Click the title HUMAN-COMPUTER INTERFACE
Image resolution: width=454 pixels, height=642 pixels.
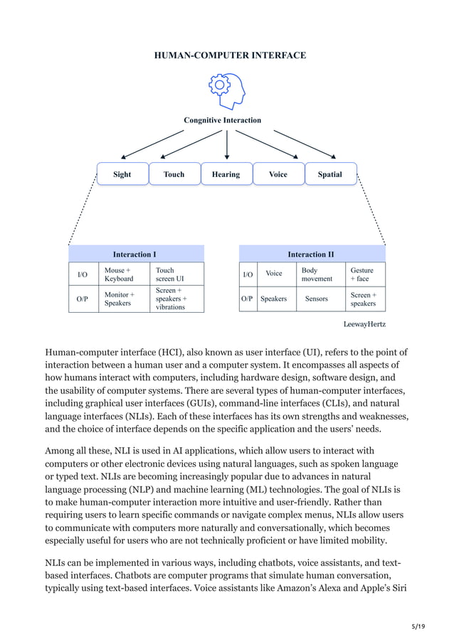click(x=230, y=55)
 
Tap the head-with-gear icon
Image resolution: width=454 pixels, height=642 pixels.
click(x=226, y=90)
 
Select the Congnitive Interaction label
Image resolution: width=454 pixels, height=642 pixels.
click(x=222, y=120)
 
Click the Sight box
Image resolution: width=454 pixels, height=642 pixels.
click(x=122, y=174)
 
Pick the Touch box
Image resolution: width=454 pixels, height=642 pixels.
click(x=174, y=174)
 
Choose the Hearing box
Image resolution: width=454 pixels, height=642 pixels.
click(x=226, y=174)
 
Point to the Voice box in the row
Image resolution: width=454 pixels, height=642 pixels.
click(x=278, y=174)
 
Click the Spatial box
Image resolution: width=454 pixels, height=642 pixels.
click(x=330, y=174)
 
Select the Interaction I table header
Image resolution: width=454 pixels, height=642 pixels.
click(x=135, y=254)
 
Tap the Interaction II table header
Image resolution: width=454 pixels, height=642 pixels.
click(x=311, y=254)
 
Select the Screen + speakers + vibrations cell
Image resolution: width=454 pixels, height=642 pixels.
click(x=177, y=299)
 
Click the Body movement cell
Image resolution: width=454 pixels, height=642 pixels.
click(x=317, y=274)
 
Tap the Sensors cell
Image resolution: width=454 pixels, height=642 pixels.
click(x=317, y=299)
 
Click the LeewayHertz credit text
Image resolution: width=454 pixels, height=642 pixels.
click(x=364, y=323)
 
